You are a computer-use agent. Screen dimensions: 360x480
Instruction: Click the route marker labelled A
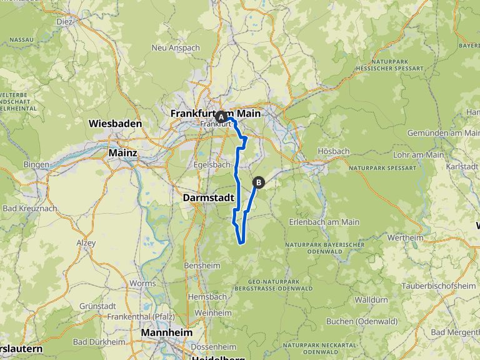click(x=221, y=117)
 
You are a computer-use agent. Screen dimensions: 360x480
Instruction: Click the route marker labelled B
click(x=258, y=182)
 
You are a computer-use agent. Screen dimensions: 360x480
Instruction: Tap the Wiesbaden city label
click(x=116, y=124)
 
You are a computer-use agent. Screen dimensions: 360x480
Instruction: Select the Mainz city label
click(x=122, y=152)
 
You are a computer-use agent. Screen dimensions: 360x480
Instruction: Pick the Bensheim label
click(x=202, y=265)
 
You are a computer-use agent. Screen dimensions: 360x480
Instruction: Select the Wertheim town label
click(x=405, y=237)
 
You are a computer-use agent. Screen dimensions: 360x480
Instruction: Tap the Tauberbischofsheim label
click(x=440, y=286)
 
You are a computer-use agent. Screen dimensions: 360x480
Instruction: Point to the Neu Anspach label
click(x=175, y=47)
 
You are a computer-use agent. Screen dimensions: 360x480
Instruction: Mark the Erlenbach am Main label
click(x=324, y=222)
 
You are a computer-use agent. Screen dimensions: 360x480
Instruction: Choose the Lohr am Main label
click(x=418, y=154)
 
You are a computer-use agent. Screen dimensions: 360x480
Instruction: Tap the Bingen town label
click(x=36, y=164)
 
